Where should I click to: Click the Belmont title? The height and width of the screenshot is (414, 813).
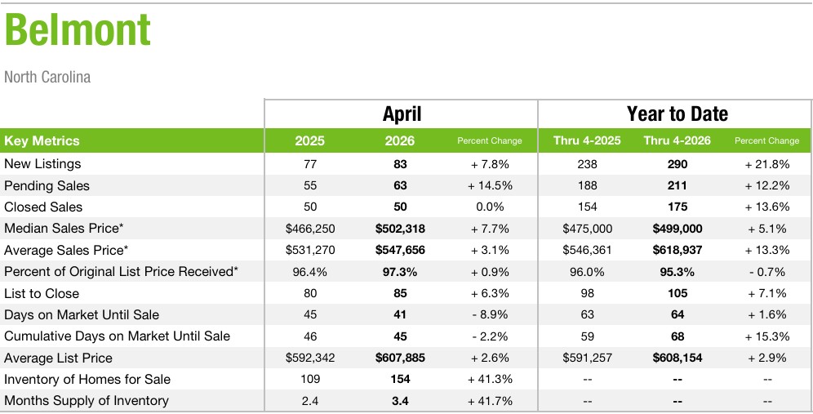(78, 30)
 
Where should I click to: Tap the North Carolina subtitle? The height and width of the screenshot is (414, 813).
(47, 78)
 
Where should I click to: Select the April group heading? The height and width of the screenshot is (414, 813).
(402, 114)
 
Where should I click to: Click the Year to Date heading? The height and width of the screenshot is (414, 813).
(677, 114)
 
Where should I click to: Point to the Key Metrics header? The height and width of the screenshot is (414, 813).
(42, 140)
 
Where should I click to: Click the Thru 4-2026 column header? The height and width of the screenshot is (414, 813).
(677, 140)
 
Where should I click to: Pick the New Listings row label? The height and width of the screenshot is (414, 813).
(42, 164)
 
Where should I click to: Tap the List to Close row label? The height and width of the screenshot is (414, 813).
(42, 293)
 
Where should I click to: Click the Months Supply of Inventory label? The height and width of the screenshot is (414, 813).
(86, 400)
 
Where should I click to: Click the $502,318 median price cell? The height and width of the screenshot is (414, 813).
(400, 229)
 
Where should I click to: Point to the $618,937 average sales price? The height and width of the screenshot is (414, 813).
(677, 250)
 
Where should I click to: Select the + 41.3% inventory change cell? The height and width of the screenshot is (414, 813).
(490, 379)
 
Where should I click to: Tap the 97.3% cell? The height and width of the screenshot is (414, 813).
(400, 272)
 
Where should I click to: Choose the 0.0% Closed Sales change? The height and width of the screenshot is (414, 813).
(490, 207)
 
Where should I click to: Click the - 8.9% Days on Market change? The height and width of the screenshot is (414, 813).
(490, 315)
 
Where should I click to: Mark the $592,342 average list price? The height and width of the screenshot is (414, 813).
(310, 358)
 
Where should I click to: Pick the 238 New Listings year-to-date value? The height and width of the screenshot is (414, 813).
(587, 164)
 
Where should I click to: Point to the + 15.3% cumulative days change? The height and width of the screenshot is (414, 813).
(766, 336)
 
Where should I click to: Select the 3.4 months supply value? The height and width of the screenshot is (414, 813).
(400, 401)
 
